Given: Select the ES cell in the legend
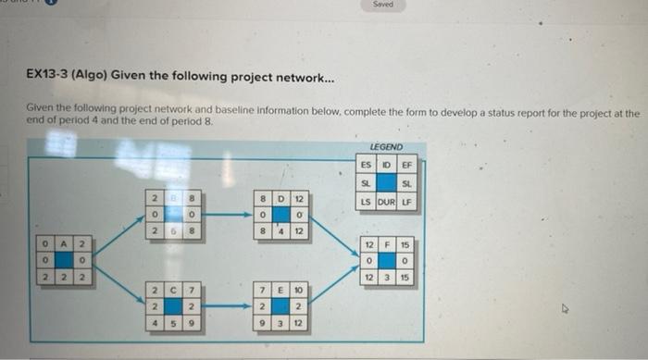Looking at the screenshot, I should pyautogui.click(x=367, y=165).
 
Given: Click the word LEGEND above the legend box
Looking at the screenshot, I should pyautogui.click(x=385, y=147).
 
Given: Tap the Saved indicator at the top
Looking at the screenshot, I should pyautogui.click(x=382, y=5).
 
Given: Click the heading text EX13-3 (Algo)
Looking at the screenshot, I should pyautogui.click(x=64, y=78).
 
